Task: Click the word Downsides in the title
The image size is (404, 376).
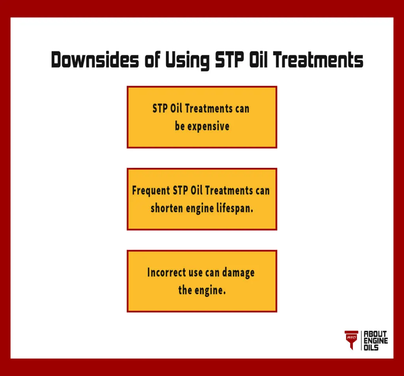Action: pos(95,60)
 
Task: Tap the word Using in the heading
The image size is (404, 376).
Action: pos(187,60)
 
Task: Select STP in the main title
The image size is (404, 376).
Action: pos(229,60)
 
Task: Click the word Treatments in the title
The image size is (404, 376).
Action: pos(318,60)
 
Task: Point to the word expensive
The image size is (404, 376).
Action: pos(208,126)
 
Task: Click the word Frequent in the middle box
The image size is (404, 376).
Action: pos(151,191)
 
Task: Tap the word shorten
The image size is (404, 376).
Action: pos(166,208)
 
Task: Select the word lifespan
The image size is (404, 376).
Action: pos(234,208)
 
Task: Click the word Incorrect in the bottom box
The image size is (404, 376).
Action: pos(166,273)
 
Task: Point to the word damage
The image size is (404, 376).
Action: pos(238,273)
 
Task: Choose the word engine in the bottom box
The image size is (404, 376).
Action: pos(210,291)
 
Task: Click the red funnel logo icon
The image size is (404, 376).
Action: pos(352,340)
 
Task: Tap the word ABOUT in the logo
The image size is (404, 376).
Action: pos(375,334)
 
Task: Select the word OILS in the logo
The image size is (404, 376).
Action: pos(371,348)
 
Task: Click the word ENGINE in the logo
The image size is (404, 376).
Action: pos(376,341)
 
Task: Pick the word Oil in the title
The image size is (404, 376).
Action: pos(258,60)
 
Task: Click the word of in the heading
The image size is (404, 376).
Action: pos(152,60)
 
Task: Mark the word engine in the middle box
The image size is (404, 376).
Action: pos(200,209)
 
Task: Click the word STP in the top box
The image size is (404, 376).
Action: pos(160,109)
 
